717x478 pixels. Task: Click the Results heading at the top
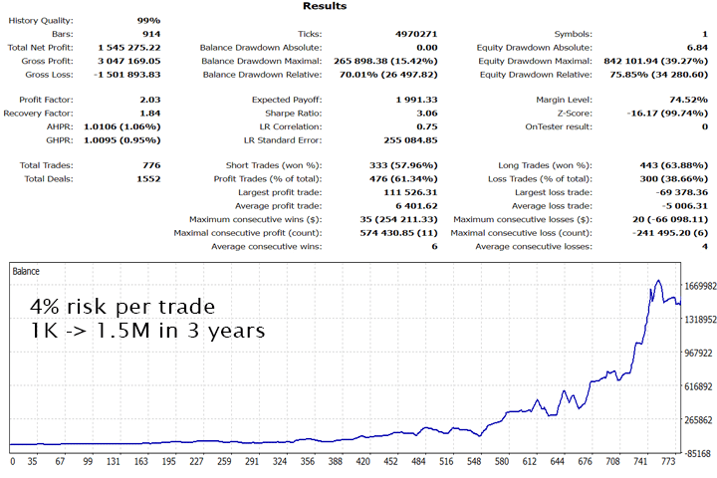pos(327,6)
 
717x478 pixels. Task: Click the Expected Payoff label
pos(284,99)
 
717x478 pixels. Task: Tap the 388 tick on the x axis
pos(365,461)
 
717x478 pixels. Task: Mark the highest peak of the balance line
pos(658,281)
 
